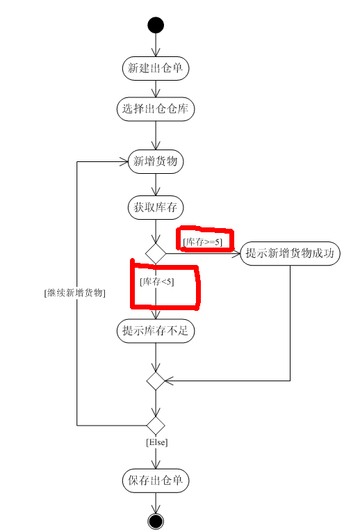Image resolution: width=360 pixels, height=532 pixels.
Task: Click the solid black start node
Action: [156, 25]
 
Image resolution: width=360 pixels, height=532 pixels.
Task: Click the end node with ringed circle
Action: [156, 521]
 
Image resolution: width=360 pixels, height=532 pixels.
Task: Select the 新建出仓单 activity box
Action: [156, 68]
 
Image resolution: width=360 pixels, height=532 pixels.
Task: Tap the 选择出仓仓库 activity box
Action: [156, 109]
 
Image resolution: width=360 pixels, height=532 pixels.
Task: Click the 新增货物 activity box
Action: [156, 161]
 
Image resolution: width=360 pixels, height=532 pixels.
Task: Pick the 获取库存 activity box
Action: [156, 207]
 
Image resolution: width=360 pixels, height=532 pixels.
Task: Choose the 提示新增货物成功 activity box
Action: [290, 253]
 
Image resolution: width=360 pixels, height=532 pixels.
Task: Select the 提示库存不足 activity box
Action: [156, 330]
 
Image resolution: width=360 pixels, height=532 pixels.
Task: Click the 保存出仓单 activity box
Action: [156, 481]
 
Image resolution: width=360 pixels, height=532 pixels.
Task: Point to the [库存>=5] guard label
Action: [203, 242]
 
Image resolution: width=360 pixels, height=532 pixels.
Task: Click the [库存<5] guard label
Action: [156, 281]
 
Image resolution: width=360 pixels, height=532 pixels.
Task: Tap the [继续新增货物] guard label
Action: [74, 293]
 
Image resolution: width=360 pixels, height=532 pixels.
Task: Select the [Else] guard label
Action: [157, 442]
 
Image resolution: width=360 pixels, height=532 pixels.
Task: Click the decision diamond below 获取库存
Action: [156, 253]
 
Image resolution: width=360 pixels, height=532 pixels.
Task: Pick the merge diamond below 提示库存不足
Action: [156, 380]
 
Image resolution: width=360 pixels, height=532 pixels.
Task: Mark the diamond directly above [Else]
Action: [156, 426]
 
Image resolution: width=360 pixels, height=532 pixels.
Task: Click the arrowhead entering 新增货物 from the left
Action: [124, 161]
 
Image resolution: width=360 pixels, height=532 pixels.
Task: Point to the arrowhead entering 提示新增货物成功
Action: [236, 253]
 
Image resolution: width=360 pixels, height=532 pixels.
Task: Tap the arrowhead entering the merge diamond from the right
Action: [169, 380]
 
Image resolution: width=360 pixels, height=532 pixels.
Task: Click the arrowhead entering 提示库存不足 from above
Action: [156, 314]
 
